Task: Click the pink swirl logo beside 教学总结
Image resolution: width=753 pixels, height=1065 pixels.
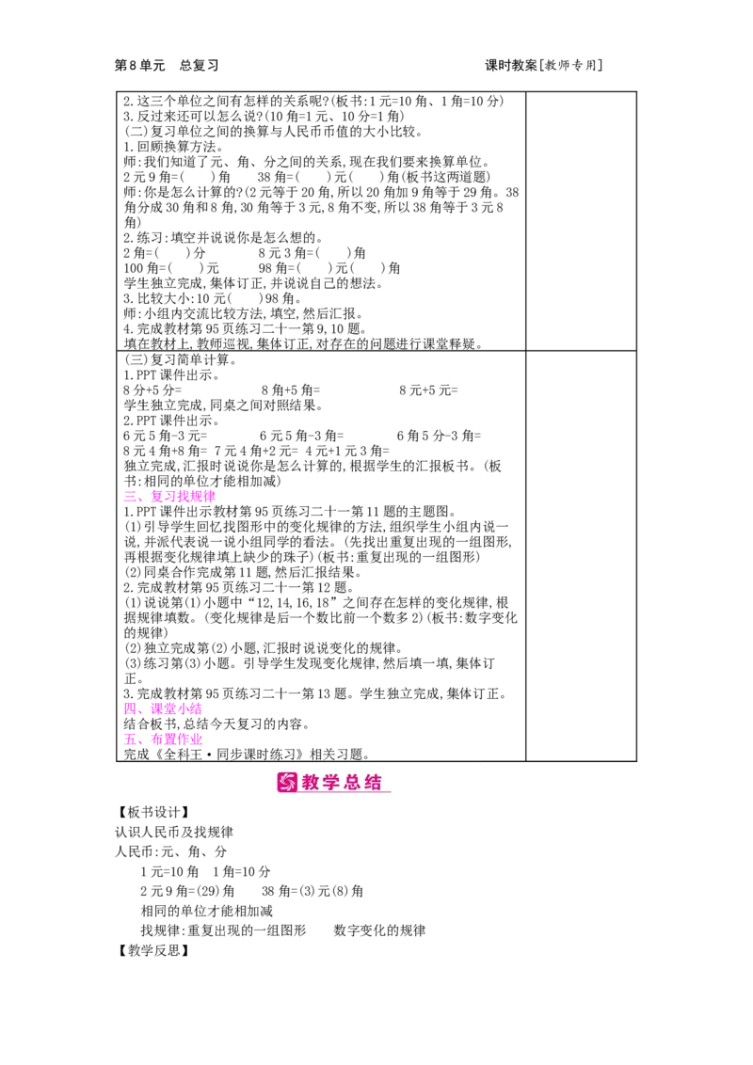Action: (287, 782)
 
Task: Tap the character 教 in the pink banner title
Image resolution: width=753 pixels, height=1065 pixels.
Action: (312, 782)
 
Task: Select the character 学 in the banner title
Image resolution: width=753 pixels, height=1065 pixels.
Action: (332, 782)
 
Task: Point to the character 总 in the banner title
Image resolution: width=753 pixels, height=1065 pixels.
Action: (353, 782)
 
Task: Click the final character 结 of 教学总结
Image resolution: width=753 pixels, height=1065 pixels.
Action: (373, 782)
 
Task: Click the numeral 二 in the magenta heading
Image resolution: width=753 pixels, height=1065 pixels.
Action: (127, 497)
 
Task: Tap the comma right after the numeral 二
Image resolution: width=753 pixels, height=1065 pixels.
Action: (140, 500)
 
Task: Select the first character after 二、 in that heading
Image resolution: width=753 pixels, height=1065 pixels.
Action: (155, 497)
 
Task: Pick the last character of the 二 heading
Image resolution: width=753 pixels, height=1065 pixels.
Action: (212, 497)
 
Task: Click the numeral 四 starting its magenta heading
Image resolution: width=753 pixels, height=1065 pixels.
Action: (127, 707)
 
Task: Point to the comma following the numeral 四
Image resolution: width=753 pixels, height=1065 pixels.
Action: (140, 710)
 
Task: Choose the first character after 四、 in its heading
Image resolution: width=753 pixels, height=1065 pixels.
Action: (155, 707)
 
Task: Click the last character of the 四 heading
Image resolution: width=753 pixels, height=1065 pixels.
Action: (197, 707)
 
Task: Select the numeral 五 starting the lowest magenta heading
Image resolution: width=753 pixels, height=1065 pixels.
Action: (127, 739)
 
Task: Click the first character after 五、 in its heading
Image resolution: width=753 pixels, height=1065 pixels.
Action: (155, 739)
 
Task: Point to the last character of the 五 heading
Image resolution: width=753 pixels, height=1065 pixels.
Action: (197, 739)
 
